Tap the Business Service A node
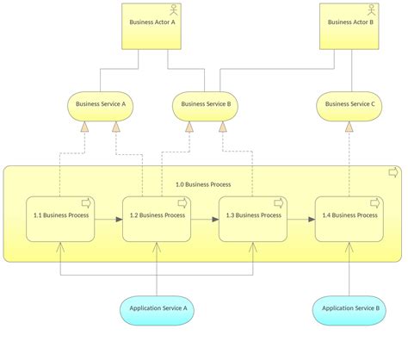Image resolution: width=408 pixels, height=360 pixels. click(x=101, y=105)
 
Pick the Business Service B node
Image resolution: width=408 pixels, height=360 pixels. click(x=204, y=105)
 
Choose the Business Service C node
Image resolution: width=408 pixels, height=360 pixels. click(x=349, y=105)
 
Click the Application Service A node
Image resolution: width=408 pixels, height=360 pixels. click(x=157, y=307)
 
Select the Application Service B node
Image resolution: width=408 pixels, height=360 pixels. click(x=349, y=307)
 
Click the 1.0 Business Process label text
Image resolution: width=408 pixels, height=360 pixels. click(x=203, y=184)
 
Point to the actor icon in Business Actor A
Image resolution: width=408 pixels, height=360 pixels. click(x=174, y=11)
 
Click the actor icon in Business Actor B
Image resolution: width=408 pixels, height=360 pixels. click(x=372, y=11)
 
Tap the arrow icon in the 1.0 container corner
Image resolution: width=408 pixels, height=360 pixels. click(x=393, y=173)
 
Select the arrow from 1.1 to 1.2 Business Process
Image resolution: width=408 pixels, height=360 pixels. click(x=108, y=220)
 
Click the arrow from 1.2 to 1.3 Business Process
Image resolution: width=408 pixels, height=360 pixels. click(x=205, y=220)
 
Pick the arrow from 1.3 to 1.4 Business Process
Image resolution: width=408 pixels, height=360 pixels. click(x=301, y=220)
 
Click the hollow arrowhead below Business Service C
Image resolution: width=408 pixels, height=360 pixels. click(x=349, y=127)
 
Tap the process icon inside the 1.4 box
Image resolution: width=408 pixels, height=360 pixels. click(x=374, y=204)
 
